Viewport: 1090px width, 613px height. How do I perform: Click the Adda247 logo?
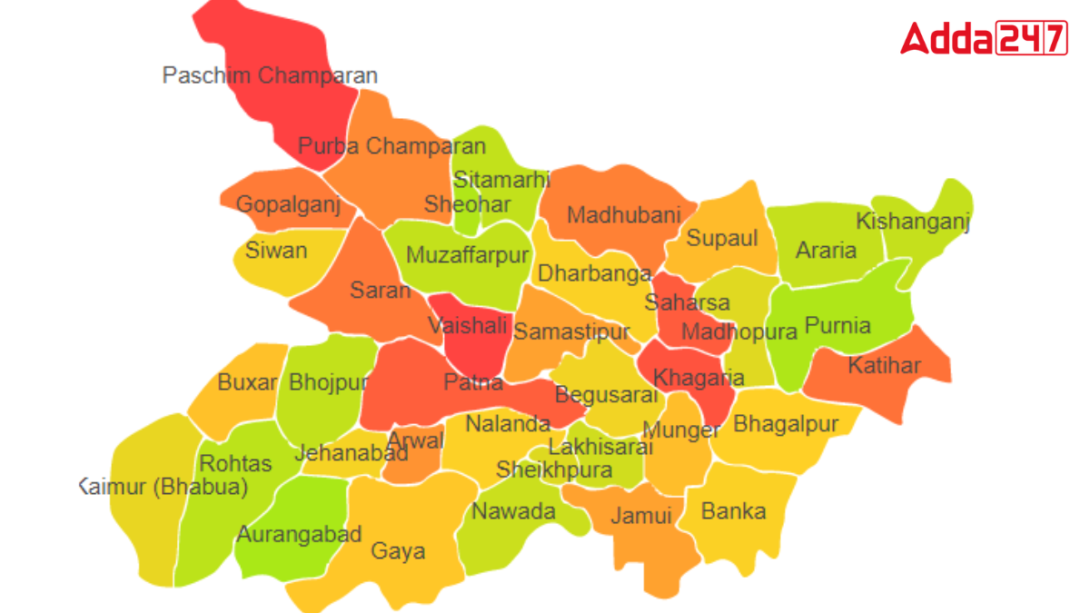coord(984,39)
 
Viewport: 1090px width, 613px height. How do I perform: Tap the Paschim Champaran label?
coord(270,75)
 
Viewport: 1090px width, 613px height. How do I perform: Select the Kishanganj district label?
coord(913,222)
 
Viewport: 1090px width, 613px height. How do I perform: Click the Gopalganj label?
coord(288,204)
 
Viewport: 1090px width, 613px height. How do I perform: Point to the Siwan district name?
coord(276,250)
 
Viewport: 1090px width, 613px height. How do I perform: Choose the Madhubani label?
coord(623,215)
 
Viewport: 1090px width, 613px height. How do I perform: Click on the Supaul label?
coord(721,239)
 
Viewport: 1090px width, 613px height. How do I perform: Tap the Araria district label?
coord(826,250)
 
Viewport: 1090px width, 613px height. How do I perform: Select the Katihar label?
coord(884,366)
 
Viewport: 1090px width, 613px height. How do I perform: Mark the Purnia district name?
coord(837,325)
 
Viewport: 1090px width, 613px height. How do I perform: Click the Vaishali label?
coord(468,325)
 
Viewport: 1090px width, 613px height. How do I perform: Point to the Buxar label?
coord(247,382)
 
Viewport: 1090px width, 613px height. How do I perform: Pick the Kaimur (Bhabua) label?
coord(163,487)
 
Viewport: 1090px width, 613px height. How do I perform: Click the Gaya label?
coord(398,551)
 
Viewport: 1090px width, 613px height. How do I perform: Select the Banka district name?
coord(733,511)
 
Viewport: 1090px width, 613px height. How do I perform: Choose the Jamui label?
coord(640,516)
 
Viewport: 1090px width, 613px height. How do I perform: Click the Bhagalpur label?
coord(786,423)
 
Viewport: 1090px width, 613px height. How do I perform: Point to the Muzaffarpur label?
coord(467,255)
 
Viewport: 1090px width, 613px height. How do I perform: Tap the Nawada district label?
coord(513,511)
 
